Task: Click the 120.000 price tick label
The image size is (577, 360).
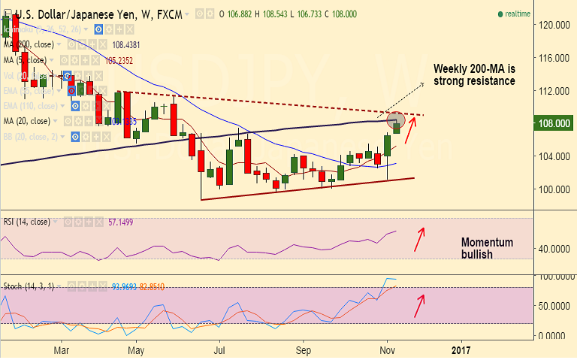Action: click(551, 24)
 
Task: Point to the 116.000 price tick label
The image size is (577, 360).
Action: click(551, 57)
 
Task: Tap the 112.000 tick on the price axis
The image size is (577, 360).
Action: click(551, 90)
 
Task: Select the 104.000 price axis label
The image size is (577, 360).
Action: click(551, 156)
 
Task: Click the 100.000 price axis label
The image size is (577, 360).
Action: click(551, 189)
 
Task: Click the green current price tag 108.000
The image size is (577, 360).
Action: click(551, 123)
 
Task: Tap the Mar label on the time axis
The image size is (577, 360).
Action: click(62, 349)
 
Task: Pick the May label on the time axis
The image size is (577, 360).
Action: click(136, 349)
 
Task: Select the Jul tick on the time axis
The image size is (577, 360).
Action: click(219, 349)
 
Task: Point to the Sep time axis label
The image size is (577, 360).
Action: click(303, 349)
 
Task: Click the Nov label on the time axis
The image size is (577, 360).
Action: click(387, 349)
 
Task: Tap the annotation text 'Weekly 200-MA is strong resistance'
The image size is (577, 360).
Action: click(475, 74)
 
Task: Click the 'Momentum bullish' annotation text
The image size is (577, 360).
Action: click(487, 249)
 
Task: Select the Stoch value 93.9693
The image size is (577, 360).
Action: click(125, 286)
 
